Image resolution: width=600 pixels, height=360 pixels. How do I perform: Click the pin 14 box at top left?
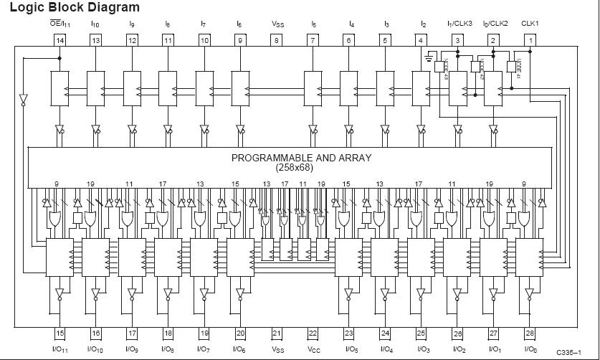coord(59,40)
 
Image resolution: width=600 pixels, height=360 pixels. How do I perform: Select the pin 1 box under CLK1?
coord(531,40)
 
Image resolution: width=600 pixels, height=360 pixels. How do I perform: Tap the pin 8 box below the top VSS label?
coord(277,40)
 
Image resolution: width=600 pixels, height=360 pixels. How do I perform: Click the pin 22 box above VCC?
coord(313,333)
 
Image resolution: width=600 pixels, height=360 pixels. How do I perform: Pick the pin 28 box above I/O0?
coord(530,333)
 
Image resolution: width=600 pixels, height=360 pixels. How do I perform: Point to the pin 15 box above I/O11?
coord(59,333)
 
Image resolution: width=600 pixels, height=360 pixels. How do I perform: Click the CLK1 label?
coord(530,24)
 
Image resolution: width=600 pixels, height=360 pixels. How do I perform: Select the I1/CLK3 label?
coord(459,24)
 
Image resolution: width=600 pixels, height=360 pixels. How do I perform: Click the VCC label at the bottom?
coord(313,349)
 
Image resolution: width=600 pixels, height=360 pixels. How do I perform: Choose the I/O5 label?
coord(349,349)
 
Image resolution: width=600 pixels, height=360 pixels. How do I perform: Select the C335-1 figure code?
coord(571,353)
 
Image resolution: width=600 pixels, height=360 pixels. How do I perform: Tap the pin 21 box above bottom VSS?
coord(277,333)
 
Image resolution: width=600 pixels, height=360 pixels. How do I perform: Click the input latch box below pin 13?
coord(95,87)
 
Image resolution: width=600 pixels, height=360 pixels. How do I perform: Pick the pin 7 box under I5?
coord(313,40)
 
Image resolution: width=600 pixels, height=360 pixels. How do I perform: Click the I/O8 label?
coord(168,349)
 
